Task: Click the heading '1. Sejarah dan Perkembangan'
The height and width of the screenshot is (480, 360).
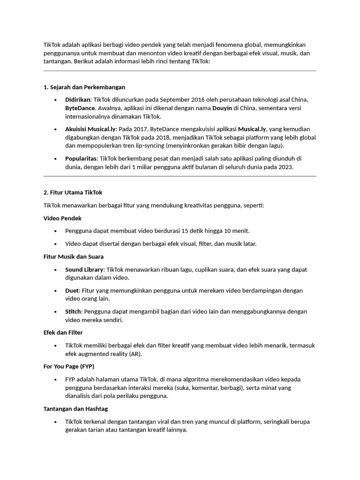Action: [x=84, y=87]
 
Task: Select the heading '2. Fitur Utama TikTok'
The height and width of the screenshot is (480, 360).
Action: [x=73, y=193]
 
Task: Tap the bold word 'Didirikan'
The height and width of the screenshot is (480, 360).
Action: [x=78, y=100]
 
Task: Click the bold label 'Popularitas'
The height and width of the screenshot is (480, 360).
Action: [x=81, y=159]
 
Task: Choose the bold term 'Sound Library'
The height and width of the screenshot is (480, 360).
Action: [x=84, y=270]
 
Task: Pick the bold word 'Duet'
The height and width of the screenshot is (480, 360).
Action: [x=72, y=291]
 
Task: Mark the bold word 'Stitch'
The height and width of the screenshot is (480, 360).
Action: [x=74, y=312]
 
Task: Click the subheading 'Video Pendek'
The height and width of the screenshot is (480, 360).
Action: [x=63, y=218]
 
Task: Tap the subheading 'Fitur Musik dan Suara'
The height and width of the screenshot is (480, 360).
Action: [x=74, y=257]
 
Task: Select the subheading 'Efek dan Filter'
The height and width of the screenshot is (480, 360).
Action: [x=63, y=333]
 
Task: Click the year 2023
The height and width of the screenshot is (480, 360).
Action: [x=285, y=167]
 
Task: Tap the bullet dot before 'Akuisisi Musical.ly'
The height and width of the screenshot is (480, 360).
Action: [x=55, y=129]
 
